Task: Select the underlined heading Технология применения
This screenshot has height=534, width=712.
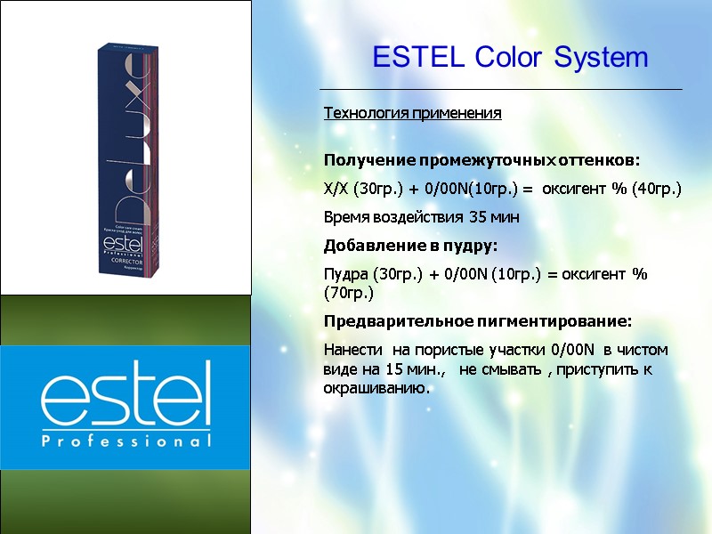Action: click(x=412, y=114)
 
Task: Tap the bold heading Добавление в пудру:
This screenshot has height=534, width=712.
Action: click(x=410, y=246)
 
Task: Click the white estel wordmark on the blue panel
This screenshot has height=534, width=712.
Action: click(x=125, y=395)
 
